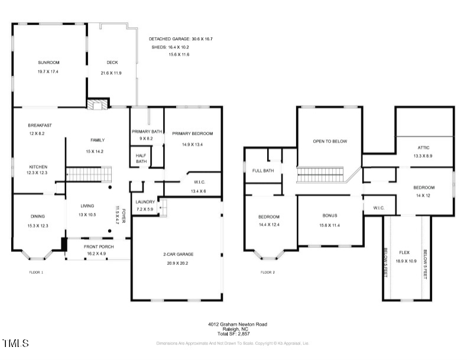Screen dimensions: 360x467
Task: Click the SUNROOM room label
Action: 48,62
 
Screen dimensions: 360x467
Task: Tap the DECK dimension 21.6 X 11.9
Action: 112,73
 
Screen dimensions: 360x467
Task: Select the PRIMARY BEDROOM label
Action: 193,134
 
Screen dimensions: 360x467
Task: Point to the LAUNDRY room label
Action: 145,202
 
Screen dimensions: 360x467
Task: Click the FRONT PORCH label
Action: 98,247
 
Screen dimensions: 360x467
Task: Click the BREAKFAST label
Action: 40,125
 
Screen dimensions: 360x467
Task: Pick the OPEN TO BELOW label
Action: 330,141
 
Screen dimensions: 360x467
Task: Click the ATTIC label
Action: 423,148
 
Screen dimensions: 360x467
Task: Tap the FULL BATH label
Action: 264,171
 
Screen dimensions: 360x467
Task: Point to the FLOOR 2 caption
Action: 268,273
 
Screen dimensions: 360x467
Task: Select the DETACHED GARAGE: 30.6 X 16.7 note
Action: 180,39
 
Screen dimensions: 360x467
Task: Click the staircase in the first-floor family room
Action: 88,174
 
